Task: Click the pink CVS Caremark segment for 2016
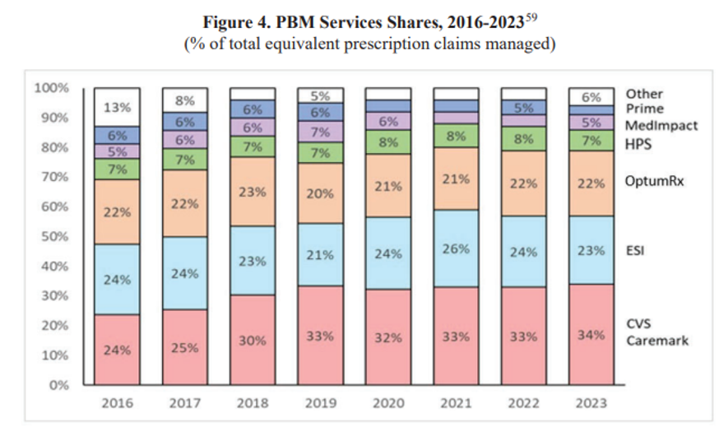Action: [x=116, y=350]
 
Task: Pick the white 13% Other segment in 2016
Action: [x=116, y=107]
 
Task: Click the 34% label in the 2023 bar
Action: [x=591, y=336]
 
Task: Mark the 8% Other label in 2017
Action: [x=185, y=100]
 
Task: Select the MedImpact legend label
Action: [x=662, y=125]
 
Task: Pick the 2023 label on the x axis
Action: [x=591, y=403]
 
